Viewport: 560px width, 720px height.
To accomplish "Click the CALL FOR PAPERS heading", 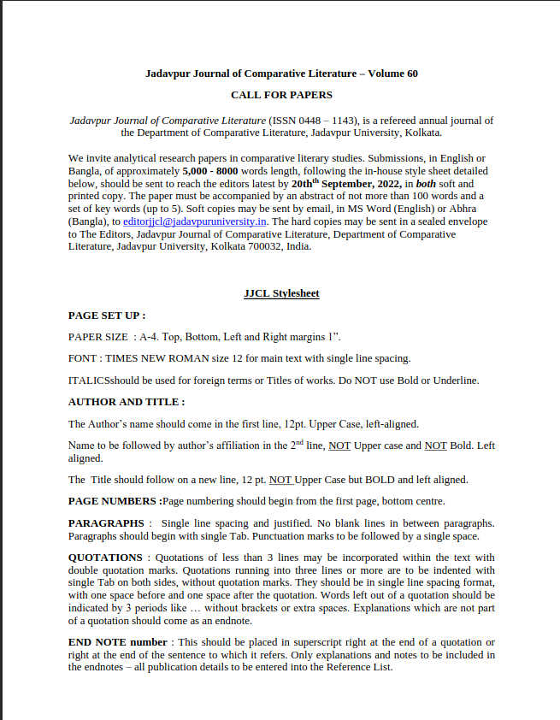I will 281,95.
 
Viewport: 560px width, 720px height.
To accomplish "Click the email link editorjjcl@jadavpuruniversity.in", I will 196,221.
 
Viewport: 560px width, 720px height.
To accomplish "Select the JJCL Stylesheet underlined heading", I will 281,293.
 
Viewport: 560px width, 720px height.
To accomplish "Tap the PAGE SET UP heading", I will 107,316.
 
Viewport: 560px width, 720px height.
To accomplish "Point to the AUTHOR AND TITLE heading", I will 127,402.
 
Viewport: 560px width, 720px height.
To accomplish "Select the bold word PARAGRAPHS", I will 106,522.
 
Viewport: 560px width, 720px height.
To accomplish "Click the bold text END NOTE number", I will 118,642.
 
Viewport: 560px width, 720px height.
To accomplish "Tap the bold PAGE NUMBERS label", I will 114,501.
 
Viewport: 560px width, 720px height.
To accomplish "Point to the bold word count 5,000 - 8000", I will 210,171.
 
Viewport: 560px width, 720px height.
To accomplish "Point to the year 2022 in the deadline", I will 383,183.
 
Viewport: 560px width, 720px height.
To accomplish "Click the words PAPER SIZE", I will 98,337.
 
